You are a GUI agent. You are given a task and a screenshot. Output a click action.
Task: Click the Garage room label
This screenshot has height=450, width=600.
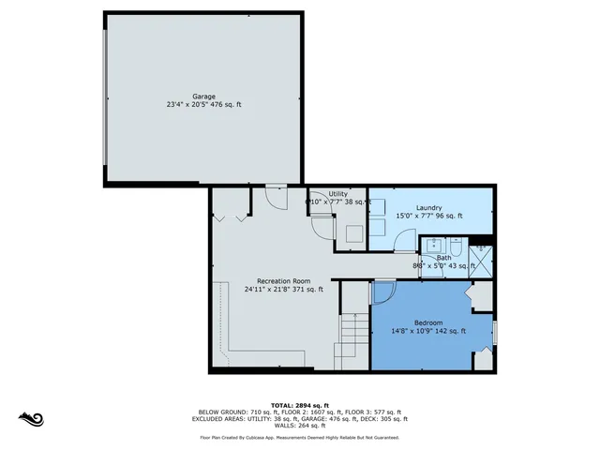click(x=203, y=97)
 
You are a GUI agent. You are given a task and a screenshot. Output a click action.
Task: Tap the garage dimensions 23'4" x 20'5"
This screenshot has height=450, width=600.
click(x=187, y=106)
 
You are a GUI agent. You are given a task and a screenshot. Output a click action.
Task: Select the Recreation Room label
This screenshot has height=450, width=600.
click(x=283, y=280)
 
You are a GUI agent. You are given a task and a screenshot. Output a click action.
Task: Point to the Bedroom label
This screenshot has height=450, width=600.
click(x=428, y=322)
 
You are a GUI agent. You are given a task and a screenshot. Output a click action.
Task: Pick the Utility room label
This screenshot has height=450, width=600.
click(x=337, y=193)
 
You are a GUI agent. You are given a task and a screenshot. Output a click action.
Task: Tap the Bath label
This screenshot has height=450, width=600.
click(x=443, y=257)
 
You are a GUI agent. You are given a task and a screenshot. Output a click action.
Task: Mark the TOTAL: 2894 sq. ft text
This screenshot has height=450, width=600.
click(x=300, y=395)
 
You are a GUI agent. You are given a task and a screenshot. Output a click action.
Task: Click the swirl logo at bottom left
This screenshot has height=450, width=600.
click(x=30, y=418)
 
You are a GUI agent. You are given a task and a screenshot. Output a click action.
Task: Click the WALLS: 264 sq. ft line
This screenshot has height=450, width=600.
click(x=300, y=425)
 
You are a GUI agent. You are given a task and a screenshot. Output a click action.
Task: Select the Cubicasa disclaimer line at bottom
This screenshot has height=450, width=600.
click(x=300, y=437)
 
